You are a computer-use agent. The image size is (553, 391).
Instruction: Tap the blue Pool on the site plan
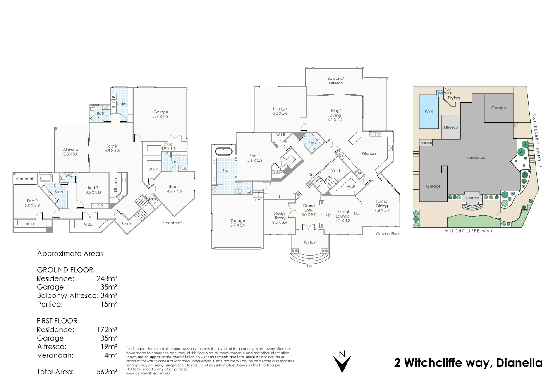429,111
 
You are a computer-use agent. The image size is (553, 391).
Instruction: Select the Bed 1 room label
255,158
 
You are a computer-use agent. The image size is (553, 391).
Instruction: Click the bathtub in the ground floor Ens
224,151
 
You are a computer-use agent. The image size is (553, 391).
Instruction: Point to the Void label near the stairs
335,170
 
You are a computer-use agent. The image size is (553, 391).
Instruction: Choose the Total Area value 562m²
107,372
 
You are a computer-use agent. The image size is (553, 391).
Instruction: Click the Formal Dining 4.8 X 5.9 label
382,206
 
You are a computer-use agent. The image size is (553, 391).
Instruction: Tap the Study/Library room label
280,218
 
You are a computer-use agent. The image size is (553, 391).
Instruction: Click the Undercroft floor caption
173,223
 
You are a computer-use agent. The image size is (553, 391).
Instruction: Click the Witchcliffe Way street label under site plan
469,231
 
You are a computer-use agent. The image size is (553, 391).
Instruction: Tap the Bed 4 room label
174,189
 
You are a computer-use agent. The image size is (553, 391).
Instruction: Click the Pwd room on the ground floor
312,143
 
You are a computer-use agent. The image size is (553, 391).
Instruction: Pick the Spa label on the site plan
439,93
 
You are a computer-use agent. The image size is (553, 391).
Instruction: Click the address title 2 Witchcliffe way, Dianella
468,363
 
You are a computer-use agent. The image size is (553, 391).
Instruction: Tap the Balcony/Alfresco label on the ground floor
335,81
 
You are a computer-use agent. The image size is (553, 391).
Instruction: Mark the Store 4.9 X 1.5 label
168,146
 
